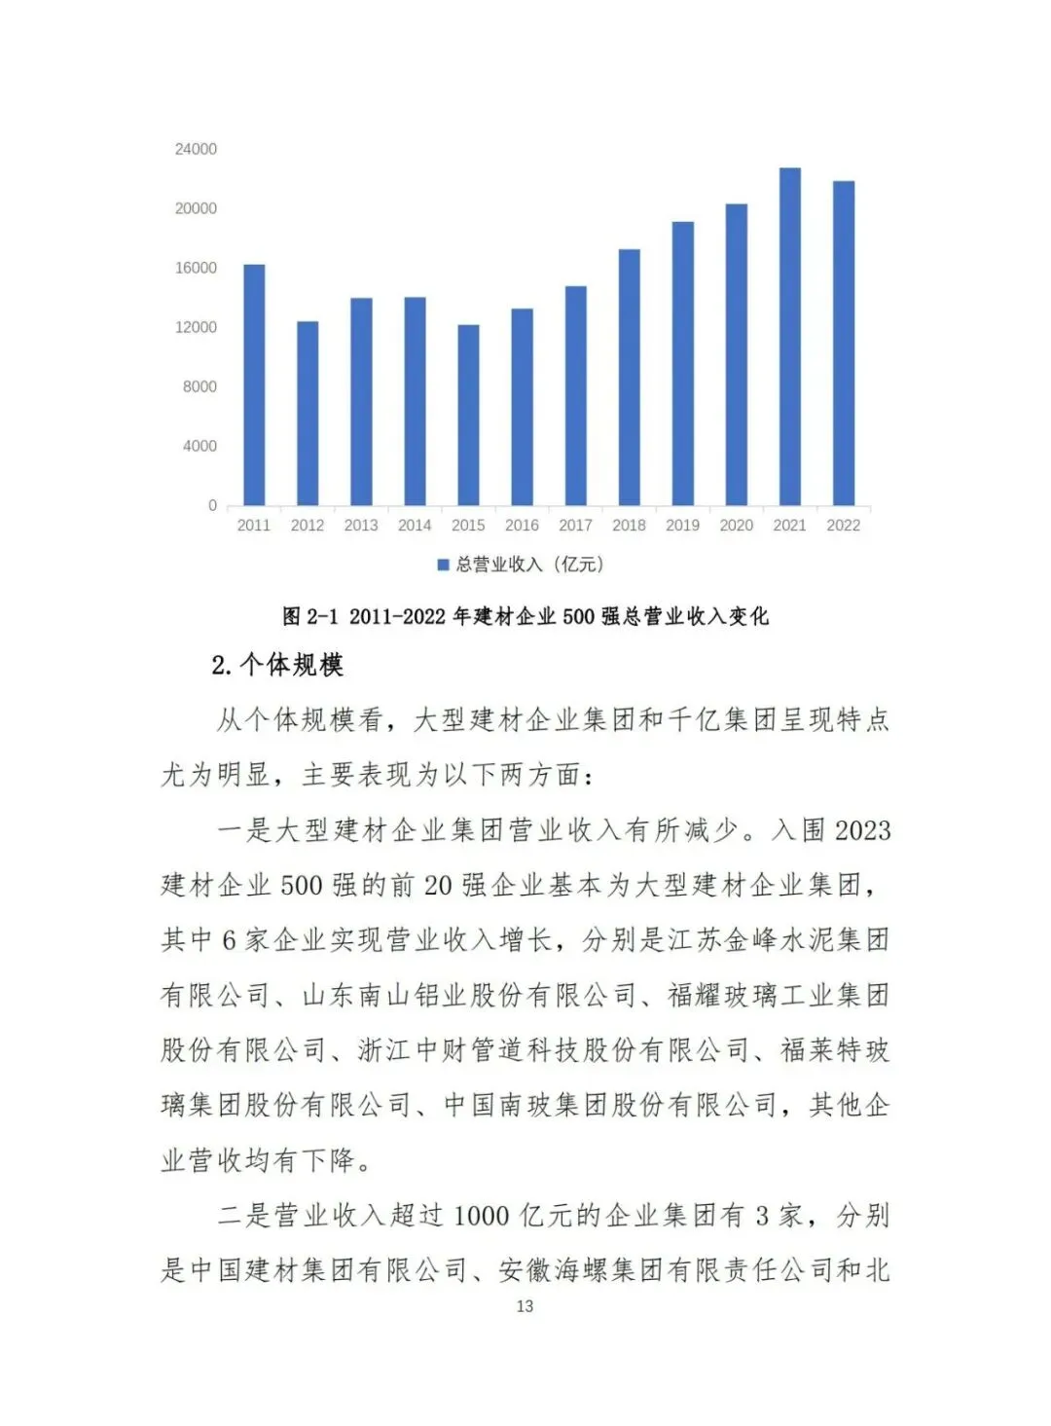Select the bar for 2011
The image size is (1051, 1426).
pos(254,384)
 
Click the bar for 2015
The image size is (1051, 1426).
pos(468,415)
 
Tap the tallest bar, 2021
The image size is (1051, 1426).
pos(790,337)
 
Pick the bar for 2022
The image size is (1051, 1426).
pos(844,343)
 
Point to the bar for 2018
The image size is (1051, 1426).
pos(630,378)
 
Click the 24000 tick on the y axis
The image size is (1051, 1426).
pos(196,149)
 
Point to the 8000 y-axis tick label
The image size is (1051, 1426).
pos(199,386)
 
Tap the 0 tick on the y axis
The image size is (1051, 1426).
pos(212,505)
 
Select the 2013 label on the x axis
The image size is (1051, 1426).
pos(361,526)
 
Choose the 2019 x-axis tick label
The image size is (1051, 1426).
pos(682,526)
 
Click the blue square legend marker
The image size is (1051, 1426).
pos(443,565)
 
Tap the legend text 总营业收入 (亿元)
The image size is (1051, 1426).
pos(529,565)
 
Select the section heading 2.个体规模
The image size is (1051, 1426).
pos(277,665)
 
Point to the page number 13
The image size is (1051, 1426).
pos(525,1306)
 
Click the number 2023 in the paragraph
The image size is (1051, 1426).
pos(862,830)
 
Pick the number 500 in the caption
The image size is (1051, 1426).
pos(578,616)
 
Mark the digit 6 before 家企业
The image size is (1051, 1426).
pos(229,940)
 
